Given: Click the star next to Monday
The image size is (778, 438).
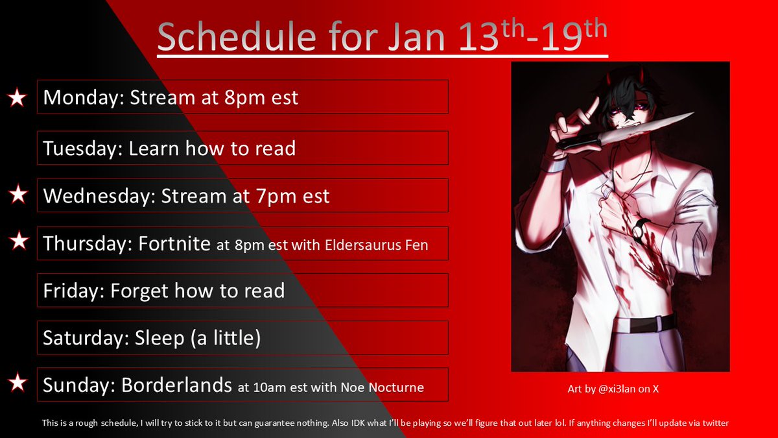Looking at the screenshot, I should tap(18, 98).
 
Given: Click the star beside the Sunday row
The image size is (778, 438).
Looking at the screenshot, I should tap(18, 385).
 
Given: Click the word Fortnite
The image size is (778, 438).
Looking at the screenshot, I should tap(174, 244).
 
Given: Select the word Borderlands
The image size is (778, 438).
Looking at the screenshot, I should tap(176, 385).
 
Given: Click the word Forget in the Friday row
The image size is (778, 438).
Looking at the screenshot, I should tap(139, 291).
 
